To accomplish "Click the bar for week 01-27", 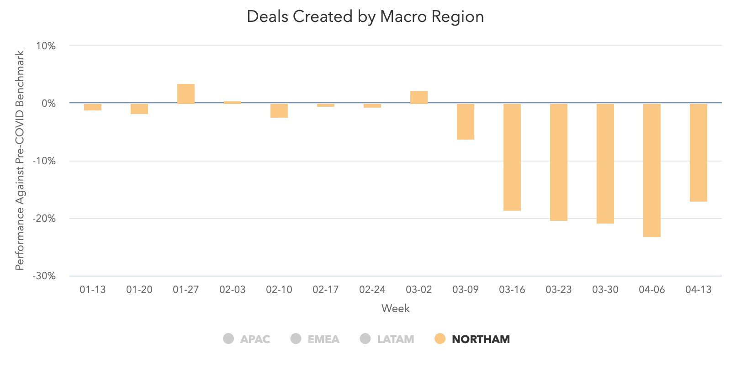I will click(x=186, y=94).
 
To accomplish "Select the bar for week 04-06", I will click(x=652, y=170).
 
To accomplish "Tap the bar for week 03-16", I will click(x=512, y=157).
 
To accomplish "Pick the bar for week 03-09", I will click(x=466, y=121).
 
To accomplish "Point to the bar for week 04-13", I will click(x=699, y=152).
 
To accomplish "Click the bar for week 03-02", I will click(x=419, y=98).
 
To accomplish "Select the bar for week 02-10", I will click(x=279, y=110).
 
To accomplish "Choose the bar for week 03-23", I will click(x=559, y=162).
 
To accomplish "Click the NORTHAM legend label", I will click(x=481, y=339).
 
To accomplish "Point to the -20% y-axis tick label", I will click(x=44, y=219).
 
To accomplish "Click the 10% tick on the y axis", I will click(x=46, y=46).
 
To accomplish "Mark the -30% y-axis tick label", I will click(x=44, y=276).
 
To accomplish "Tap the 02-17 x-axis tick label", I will click(x=326, y=290).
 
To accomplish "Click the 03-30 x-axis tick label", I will click(x=605, y=290).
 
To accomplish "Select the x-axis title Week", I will click(x=396, y=308).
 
